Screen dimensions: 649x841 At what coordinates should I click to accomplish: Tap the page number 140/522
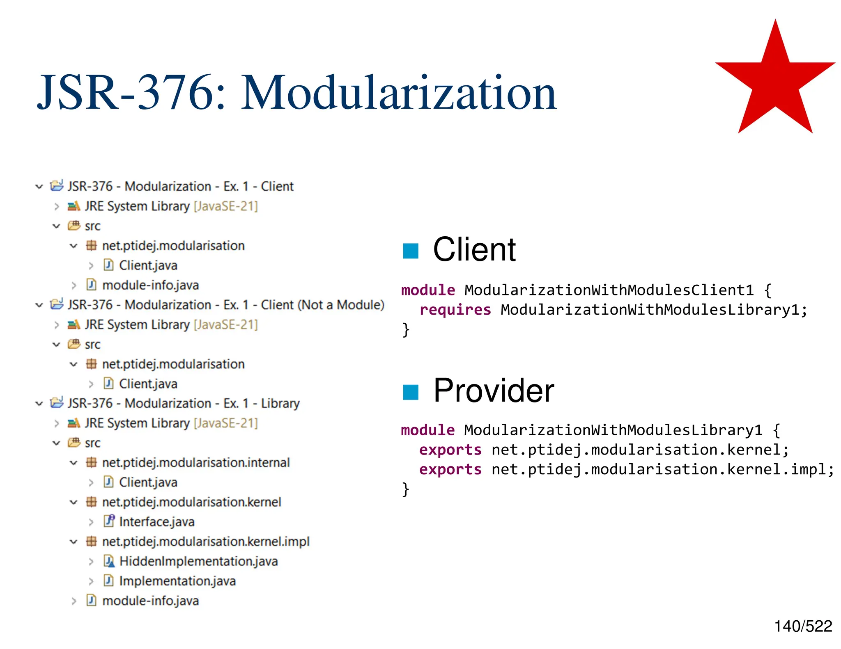coord(803,626)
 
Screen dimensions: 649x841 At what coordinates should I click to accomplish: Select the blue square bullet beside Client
coord(410,251)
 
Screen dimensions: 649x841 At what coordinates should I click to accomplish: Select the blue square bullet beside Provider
coord(410,392)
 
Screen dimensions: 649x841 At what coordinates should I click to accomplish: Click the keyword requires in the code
coord(455,310)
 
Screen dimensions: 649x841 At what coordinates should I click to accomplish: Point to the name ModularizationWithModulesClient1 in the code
coord(609,290)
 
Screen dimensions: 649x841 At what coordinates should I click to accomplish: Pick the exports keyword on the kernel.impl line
coord(450,469)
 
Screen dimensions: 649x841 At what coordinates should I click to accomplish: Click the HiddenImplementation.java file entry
coord(198,561)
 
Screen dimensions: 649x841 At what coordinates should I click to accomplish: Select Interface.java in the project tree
coord(156,522)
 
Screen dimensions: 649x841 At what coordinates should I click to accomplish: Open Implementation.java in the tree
coord(177,581)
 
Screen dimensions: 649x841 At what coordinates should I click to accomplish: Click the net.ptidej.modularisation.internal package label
coord(196,463)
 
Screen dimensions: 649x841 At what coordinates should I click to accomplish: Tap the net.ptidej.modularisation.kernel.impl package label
coord(206,542)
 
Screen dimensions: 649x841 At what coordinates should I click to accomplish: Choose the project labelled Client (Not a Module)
coord(226,305)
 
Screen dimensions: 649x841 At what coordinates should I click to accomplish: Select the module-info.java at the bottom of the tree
coord(150,601)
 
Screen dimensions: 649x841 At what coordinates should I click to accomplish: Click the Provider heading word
coord(494,391)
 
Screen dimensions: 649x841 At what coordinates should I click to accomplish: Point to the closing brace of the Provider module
coord(406,489)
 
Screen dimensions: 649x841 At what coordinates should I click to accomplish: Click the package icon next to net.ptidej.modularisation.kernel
coord(91,502)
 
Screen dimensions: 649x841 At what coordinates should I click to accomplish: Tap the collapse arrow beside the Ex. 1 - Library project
coord(39,404)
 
